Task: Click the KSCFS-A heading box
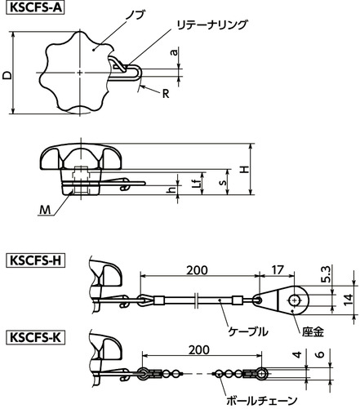pos(35,7)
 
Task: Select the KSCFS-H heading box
pos(35,260)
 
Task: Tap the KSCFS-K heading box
pos(35,338)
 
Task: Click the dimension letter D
pos(7,75)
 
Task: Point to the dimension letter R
pos(166,94)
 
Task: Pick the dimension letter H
pos(245,170)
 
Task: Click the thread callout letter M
pos(45,210)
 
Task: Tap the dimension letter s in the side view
pos(223,182)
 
